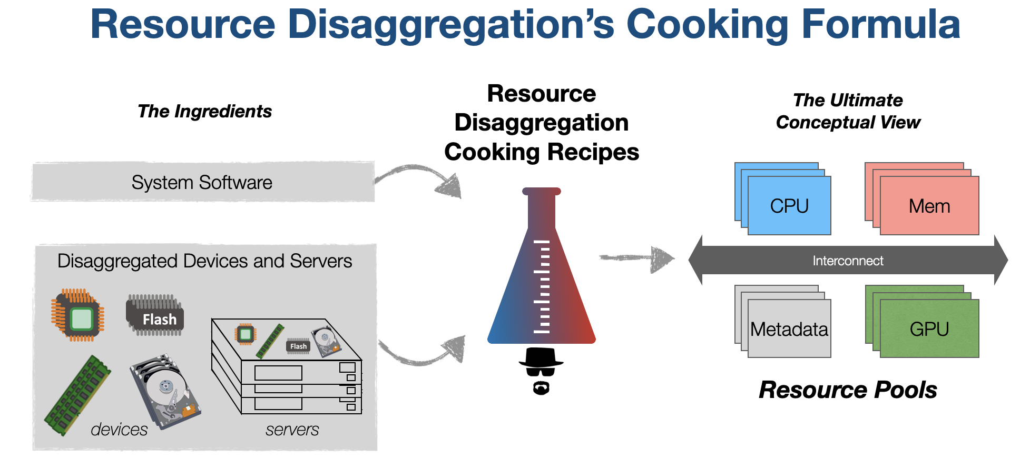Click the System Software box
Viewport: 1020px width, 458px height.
[203, 182]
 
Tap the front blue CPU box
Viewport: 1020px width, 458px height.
[789, 206]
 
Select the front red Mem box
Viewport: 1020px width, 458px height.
[929, 206]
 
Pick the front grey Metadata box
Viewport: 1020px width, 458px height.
[789, 329]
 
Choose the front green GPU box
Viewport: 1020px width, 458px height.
[929, 329]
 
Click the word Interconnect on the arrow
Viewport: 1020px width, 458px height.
[847, 261]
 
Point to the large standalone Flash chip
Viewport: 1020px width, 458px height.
[155, 315]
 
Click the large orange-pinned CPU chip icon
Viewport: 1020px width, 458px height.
[78, 315]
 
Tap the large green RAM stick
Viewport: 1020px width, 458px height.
[78, 395]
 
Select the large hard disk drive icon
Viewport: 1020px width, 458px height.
[165, 391]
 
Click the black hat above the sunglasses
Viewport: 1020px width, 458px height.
[541, 358]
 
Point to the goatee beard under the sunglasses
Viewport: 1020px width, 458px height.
[541, 389]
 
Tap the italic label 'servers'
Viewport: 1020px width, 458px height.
[292, 430]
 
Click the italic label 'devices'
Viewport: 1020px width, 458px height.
[119, 430]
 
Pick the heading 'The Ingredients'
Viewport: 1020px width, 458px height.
[204, 111]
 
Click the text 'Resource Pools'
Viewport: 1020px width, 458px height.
[847, 390]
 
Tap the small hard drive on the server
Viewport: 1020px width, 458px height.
[326, 340]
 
